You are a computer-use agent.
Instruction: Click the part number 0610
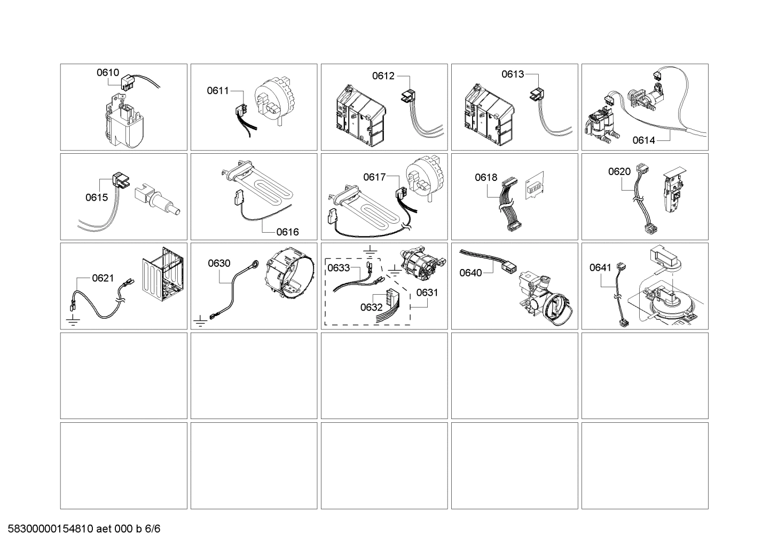click(x=107, y=73)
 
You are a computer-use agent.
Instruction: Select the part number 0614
click(x=643, y=140)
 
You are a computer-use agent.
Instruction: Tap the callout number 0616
click(x=287, y=232)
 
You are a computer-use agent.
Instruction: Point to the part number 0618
click(x=486, y=178)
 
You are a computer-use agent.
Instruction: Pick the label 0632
click(x=371, y=307)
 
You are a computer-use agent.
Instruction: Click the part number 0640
click(x=470, y=273)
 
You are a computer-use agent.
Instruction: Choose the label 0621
click(x=103, y=278)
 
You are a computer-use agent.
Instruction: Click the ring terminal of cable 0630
click(x=257, y=263)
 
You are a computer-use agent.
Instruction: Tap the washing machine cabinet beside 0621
click(x=163, y=278)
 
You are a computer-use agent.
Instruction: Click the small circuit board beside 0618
click(x=534, y=186)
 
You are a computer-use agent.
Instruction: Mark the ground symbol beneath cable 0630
click(x=200, y=321)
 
